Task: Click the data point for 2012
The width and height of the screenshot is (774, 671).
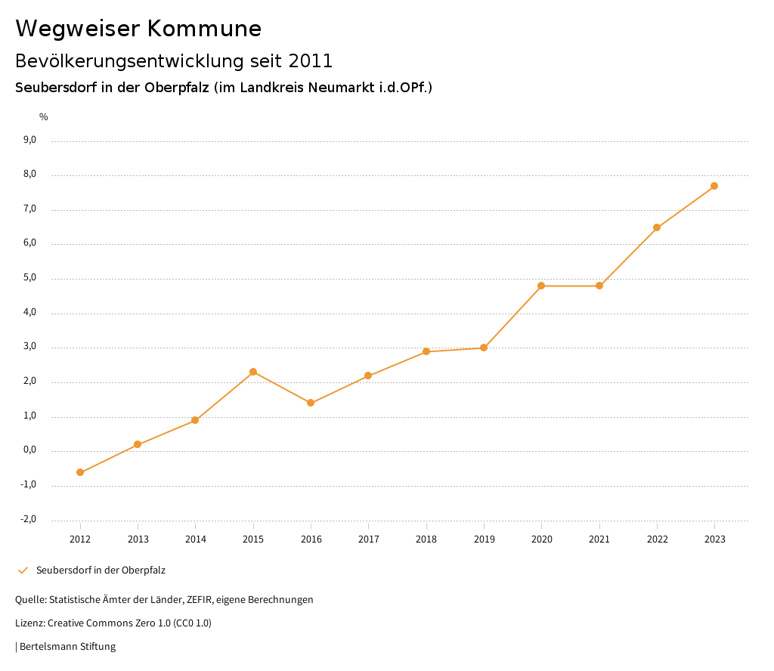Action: tap(80, 472)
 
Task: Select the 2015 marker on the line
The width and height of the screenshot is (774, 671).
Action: tap(253, 372)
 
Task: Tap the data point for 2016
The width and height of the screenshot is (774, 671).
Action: tap(311, 403)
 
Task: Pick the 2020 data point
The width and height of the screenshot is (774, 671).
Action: tap(541, 286)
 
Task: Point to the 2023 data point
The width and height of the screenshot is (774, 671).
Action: tap(714, 186)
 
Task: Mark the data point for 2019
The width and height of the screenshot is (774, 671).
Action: tap(484, 348)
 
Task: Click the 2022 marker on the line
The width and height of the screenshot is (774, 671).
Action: tap(657, 227)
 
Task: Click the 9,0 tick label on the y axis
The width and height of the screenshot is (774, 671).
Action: tap(29, 140)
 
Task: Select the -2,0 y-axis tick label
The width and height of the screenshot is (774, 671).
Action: tap(29, 519)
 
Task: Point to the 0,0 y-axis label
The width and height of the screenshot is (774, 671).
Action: tap(29, 450)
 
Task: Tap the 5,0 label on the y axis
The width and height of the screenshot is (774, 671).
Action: tap(29, 278)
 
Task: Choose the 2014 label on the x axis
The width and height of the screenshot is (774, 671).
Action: tap(196, 539)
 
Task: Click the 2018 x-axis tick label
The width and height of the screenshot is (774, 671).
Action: tap(426, 539)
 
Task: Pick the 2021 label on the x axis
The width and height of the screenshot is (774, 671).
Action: tap(599, 539)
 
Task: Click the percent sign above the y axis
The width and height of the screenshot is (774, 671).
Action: tap(44, 117)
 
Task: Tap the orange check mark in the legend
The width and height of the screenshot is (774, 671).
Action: tap(23, 570)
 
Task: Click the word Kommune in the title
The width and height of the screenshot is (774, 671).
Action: tap(204, 29)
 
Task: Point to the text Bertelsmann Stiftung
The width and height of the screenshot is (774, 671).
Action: tap(67, 646)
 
